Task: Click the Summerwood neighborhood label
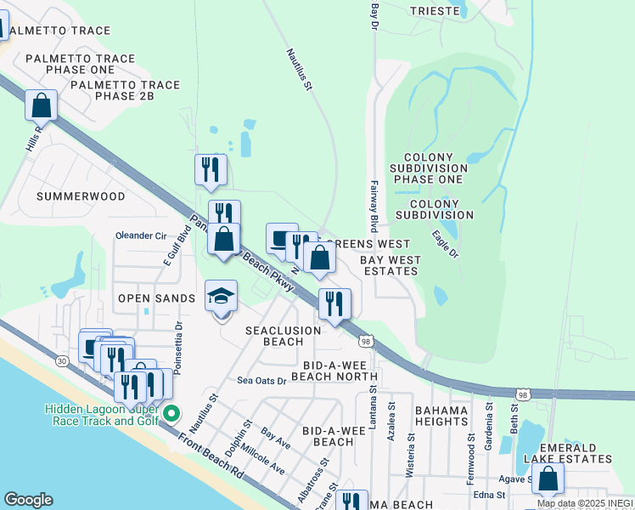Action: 81,196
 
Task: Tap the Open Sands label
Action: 157,298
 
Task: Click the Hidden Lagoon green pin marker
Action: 171,414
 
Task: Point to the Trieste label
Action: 435,11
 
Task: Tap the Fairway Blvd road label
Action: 373,207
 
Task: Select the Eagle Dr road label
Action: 445,244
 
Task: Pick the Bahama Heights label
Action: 441,416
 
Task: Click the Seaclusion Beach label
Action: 283,336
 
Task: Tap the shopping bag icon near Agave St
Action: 548,479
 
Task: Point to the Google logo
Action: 27,500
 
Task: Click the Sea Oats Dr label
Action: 261,381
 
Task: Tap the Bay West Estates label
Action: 389,265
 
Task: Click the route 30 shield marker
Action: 62,361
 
